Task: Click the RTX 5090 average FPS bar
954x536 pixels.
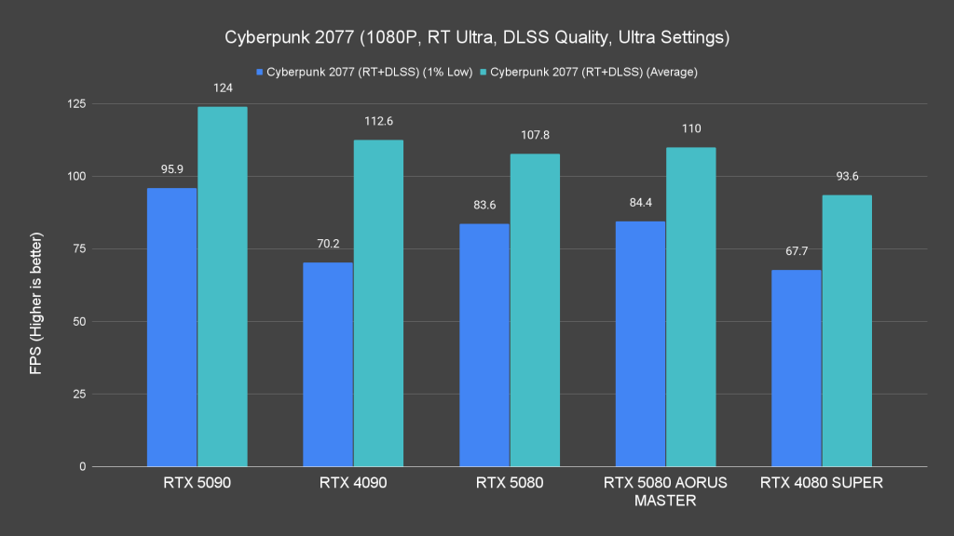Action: pyautogui.click(x=223, y=287)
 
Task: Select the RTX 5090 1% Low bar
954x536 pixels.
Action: pyautogui.click(x=172, y=327)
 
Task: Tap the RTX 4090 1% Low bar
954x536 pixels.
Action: pyautogui.click(x=328, y=364)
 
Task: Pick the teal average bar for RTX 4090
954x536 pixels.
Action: pyautogui.click(x=378, y=303)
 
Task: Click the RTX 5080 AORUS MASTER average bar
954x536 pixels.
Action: pyautogui.click(x=691, y=307)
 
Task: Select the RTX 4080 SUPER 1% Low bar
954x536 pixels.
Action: pyautogui.click(x=797, y=368)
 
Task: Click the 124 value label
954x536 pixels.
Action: pyautogui.click(x=223, y=88)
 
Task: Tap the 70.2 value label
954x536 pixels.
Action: pyautogui.click(x=328, y=244)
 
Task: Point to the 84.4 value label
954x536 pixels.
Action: pyautogui.click(x=641, y=203)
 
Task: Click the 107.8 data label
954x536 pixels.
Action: pyautogui.click(x=535, y=135)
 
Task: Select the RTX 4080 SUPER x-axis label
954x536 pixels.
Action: pyautogui.click(x=822, y=483)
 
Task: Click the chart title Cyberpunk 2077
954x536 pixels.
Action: pyautogui.click(x=477, y=38)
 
